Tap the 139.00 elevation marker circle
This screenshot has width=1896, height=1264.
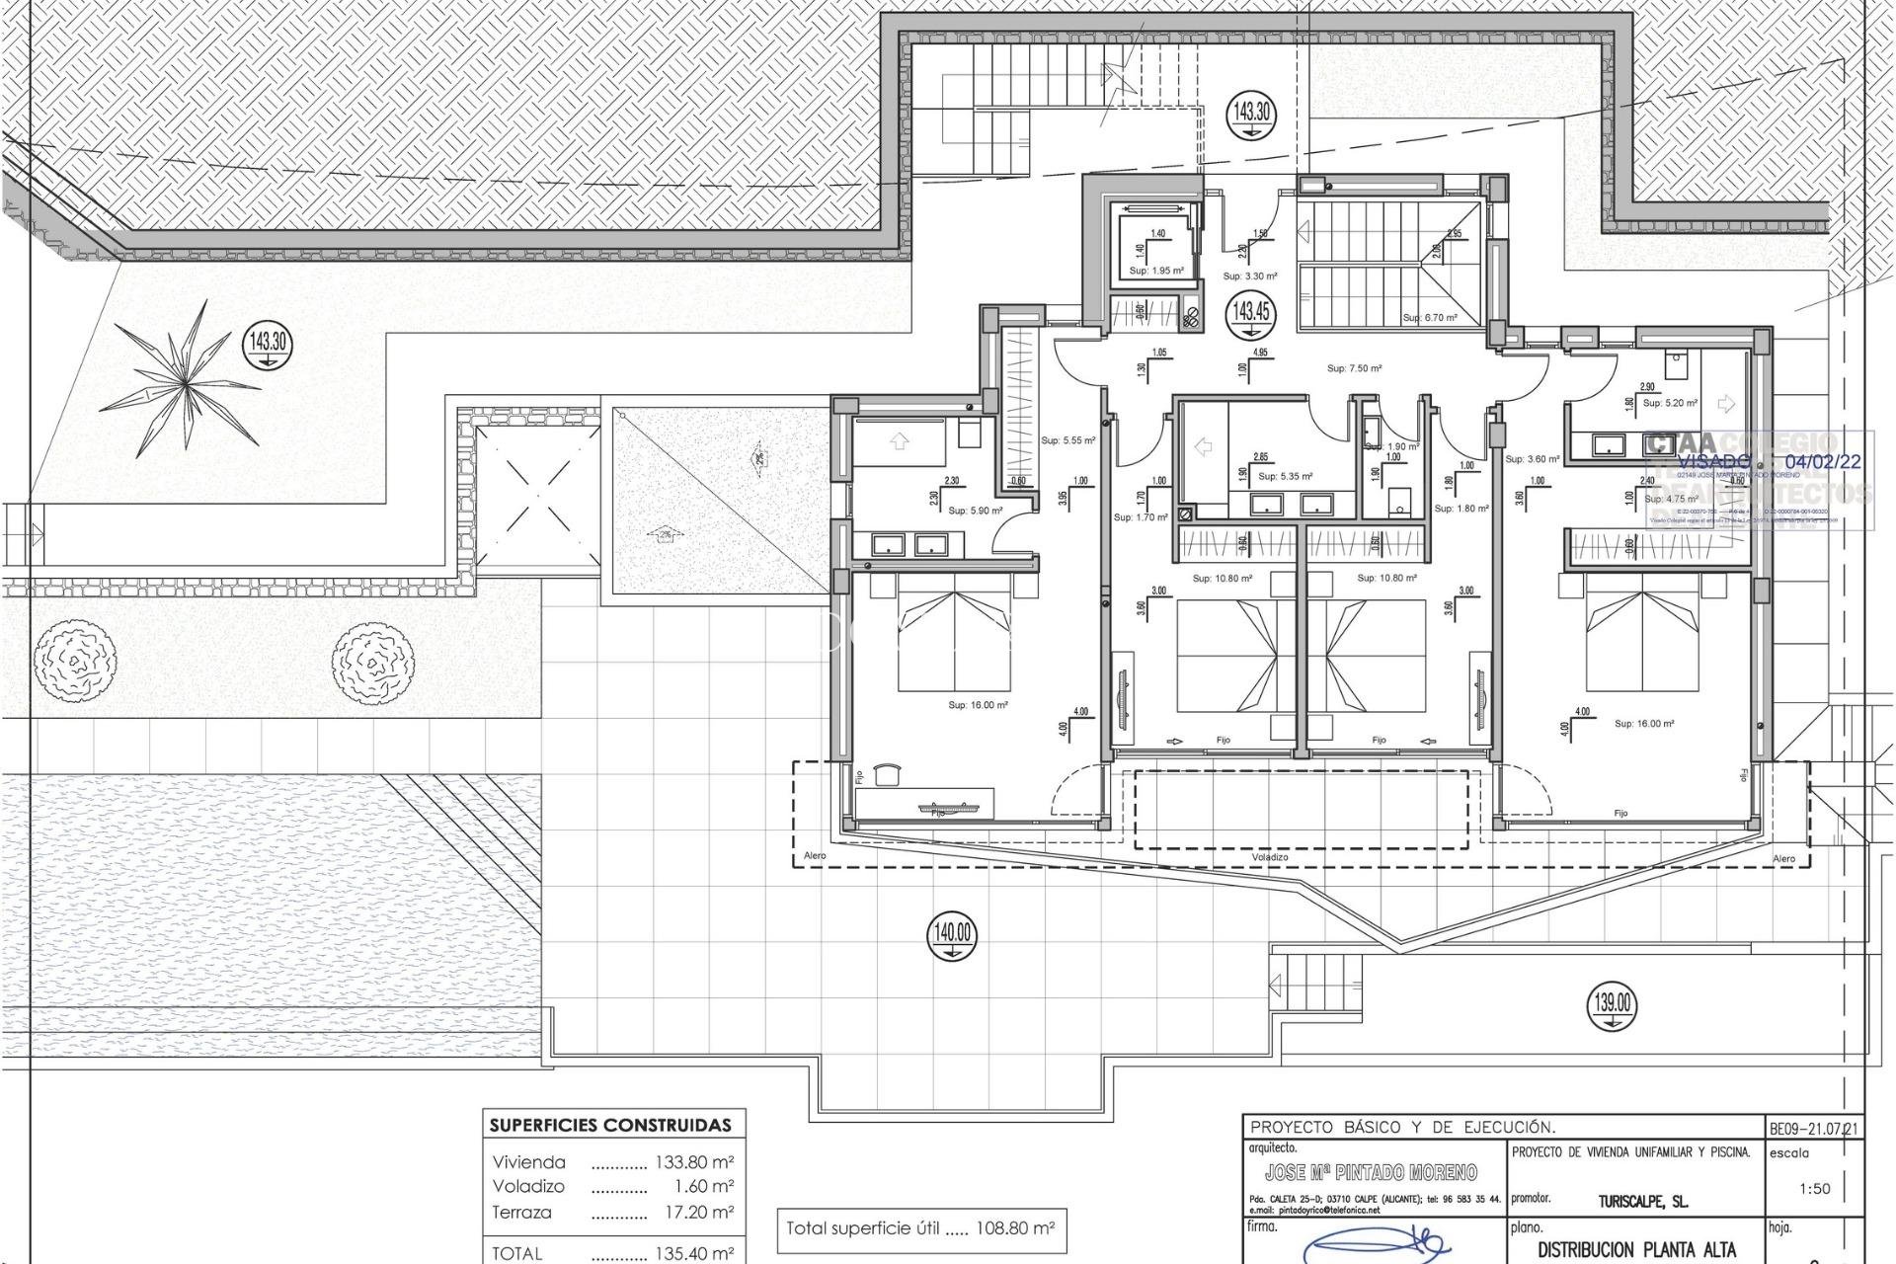[x=1612, y=1005]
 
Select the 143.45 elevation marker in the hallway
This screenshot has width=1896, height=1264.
[x=1250, y=313]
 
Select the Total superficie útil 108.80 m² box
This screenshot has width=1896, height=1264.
[x=920, y=1229]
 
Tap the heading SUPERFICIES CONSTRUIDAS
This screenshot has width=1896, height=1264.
[x=611, y=1125]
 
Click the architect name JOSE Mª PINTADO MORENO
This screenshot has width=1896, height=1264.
[x=1371, y=1172]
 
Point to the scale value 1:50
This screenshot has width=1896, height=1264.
[x=1814, y=1189]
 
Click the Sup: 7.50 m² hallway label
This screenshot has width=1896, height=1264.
[x=1354, y=368]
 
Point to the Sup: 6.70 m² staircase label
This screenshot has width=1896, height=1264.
[x=1430, y=318]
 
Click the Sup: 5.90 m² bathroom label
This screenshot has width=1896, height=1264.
[x=975, y=511]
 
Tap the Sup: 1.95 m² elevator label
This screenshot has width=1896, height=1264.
[x=1156, y=271]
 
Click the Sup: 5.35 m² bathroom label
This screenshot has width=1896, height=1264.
[x=1285, y=476]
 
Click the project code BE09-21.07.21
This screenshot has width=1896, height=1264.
[x=1814, y=1127]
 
